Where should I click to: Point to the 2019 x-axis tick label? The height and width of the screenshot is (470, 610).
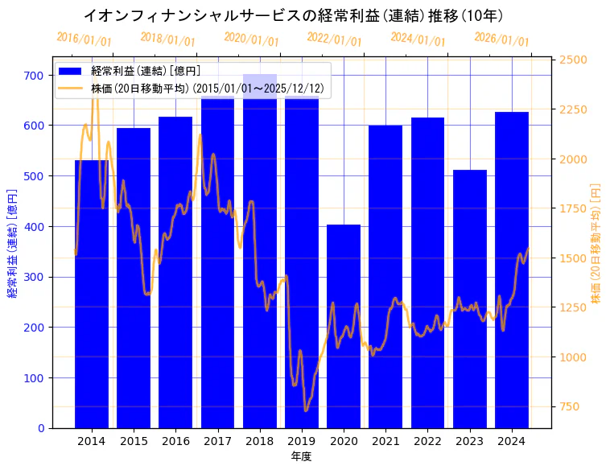[x=302, y=441]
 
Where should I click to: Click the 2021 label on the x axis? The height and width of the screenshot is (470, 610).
[x=385, y=441]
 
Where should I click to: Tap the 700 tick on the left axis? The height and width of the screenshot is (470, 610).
[x=34, y=75]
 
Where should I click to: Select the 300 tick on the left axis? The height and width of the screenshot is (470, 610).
[x=34, y=277]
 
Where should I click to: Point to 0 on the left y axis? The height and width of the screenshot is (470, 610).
[x=40, y=428]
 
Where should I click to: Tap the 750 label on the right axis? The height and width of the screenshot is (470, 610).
[x=571, y=406]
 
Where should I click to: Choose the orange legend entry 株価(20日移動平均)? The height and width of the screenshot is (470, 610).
[x=208, y=88]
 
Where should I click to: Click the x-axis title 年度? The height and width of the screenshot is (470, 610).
[x=302, y=456]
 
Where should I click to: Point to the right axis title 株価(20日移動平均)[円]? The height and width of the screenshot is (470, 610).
[x=596, y=242]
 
